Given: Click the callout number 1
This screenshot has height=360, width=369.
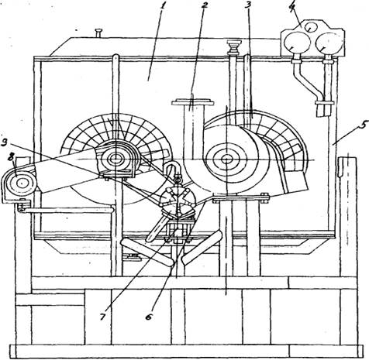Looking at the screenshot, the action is (x=162, y=5).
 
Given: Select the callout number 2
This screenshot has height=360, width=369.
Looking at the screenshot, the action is (x=205, y=5).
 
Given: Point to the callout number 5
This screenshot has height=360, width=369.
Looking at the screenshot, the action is (x=363, y=125).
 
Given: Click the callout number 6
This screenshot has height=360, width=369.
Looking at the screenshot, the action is (x=149, y=317).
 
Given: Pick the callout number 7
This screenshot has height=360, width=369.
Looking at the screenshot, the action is (x=103, y=317).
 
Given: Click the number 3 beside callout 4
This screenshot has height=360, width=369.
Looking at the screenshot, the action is (x=247, y=5).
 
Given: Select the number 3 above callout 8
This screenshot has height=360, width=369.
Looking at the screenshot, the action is (x=5, y=142).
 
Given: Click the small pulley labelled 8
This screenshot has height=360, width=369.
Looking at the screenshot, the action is (x=20, y=183).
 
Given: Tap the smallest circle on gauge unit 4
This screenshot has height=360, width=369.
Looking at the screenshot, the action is (x=310, y=27).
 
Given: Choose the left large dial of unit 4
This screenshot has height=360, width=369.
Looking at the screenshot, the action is (x=296, y=42).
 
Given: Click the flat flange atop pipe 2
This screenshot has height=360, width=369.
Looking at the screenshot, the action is (x=193, y=103).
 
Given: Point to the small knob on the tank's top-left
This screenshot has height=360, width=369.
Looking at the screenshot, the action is (x=98, y=33).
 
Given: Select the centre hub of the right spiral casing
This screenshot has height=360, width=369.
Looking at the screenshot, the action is (x=226, y=159).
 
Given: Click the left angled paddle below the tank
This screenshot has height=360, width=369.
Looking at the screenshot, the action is (x=147, y=252).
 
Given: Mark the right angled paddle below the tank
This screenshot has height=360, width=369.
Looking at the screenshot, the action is (x=202, y=247).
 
